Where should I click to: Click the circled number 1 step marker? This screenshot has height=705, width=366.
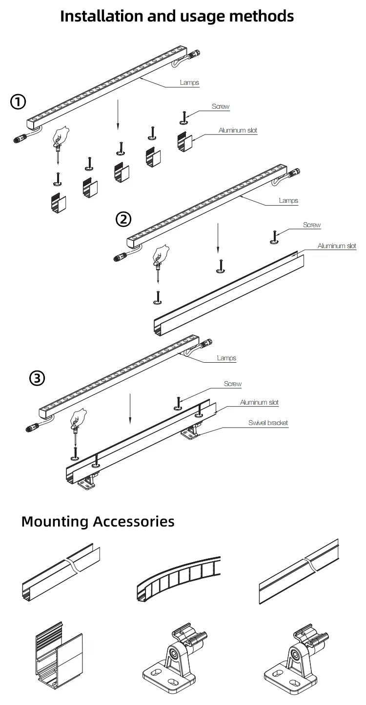18,102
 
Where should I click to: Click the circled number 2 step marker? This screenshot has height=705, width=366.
123,219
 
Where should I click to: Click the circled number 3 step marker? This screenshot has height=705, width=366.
37,378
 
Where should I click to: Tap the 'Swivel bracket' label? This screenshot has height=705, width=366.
268,423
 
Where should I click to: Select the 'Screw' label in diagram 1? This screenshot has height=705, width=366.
221,106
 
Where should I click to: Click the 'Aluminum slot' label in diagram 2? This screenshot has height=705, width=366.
337,246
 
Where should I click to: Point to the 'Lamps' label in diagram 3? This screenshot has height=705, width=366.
226,358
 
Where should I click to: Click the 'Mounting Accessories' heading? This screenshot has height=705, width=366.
98,521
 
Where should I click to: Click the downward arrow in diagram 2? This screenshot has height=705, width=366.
217,239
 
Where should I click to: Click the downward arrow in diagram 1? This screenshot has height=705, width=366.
117,114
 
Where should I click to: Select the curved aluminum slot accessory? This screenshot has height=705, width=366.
178,578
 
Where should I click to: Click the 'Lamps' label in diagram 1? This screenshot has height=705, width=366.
189,83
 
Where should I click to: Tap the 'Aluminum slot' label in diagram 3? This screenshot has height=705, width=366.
259,403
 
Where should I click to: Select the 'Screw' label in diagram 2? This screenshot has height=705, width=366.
312,225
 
